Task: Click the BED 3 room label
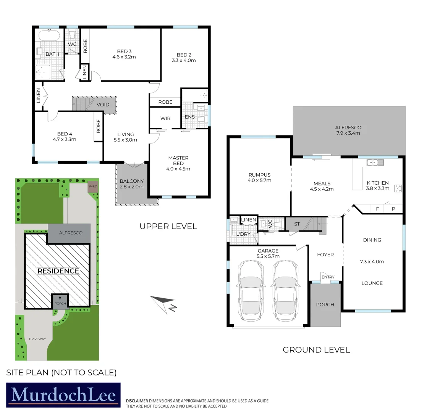pos(124,51)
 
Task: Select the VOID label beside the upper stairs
pos(103,105)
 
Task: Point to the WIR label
pos(165,119)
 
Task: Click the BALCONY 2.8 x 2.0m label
pos(131,184)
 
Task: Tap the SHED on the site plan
pos(93,186)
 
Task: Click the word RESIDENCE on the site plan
pos(58,271)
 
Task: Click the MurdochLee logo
pos(63,395)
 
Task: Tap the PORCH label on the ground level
pos(325,304)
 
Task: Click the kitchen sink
pos(375,163)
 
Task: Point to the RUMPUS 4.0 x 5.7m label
pos(259,177)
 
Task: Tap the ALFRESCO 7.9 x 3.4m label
pos(348,130)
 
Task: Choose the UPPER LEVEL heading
pos(168,226)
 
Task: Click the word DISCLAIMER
pos(137,401)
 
